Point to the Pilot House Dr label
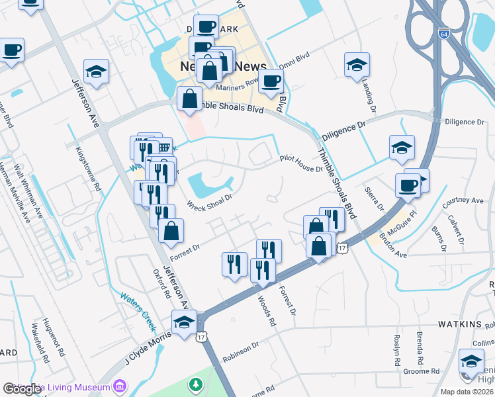point(300,163)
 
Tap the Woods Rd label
point(265,310)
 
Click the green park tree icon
point(195,384)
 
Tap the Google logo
point(22,389)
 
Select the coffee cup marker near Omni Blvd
point(270,81)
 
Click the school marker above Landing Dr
point(357,65)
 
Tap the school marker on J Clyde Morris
point(184,322)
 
